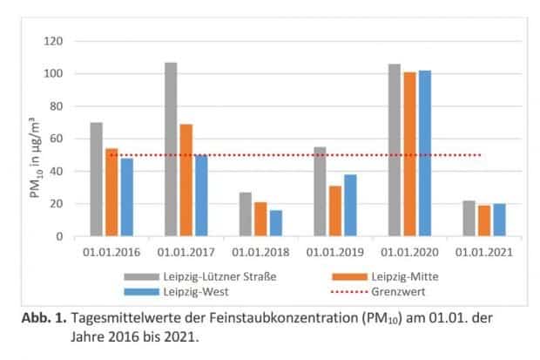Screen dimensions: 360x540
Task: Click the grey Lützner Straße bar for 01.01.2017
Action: (x=171, y=149)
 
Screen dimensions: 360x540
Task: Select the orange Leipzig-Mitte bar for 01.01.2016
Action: (x=111, y=192)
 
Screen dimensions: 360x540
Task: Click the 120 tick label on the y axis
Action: (x=53, y=41)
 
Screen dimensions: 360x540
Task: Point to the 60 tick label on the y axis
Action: (x=56, y=139)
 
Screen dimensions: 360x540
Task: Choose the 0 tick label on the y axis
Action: (x=59, y=236)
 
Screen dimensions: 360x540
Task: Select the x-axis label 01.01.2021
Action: (x=484, y=254)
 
